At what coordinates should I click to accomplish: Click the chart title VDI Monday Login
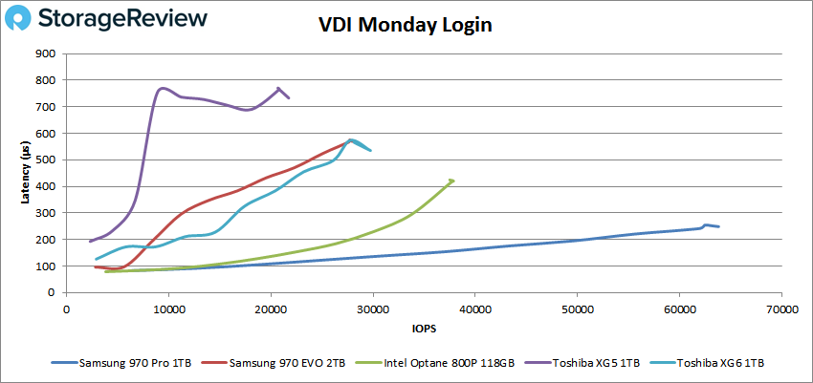pos(405,26)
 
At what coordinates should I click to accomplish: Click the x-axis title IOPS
pos(423,330)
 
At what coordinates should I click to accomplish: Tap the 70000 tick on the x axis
pos(780,310)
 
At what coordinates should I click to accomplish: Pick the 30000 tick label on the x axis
pos(372,310)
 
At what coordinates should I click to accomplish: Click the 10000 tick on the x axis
pos(168,310)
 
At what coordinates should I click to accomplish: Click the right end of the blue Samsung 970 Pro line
pos(719,226)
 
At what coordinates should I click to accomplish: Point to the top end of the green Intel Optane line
pos(451,180)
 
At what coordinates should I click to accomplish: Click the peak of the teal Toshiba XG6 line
pos(352,139)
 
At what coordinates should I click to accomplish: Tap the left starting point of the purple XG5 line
pos(90,242)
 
